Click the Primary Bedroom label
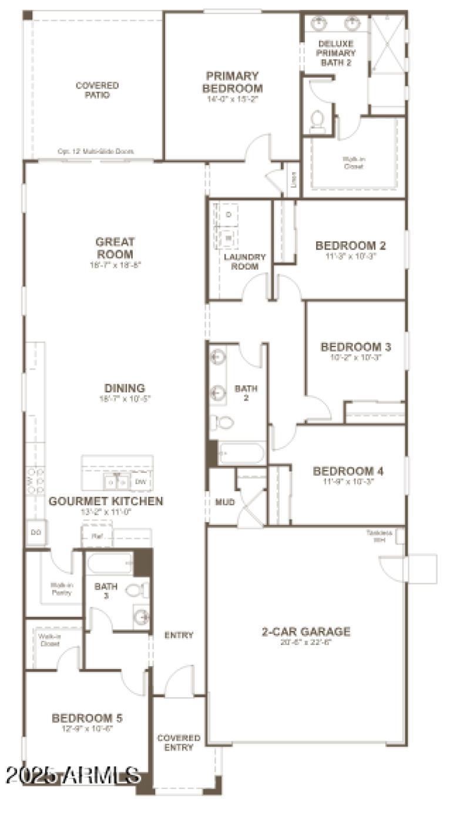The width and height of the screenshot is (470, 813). (x=232, y=82)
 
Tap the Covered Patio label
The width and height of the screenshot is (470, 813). (x=97, y=90)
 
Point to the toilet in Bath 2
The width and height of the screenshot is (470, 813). (x=222, y=421)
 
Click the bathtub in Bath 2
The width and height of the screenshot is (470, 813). (x=241, y=453)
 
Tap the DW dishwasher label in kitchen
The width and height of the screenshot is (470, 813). (x=140, y=482)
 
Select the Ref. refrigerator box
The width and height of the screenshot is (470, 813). (x=96, y=536)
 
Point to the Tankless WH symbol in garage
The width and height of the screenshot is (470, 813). (x=399, y=536)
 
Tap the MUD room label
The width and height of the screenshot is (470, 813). (x=225, y=502)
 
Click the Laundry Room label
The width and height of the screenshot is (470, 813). (x=245, y=261)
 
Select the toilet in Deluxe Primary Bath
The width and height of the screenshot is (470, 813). (x=318, y=120)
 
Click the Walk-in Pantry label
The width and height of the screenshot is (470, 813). (x=61, y=589)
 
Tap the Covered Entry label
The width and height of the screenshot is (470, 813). (x=179, y=743)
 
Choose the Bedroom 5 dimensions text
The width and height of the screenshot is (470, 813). (x=87, y=729)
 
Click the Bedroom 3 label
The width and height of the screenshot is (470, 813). (x=355, y=347)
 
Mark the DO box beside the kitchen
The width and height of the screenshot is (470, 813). (x=35, y=532)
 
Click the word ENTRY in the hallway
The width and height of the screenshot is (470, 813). (x=179, y=635)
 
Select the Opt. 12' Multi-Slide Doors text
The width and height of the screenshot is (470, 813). (x=95, y=152)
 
